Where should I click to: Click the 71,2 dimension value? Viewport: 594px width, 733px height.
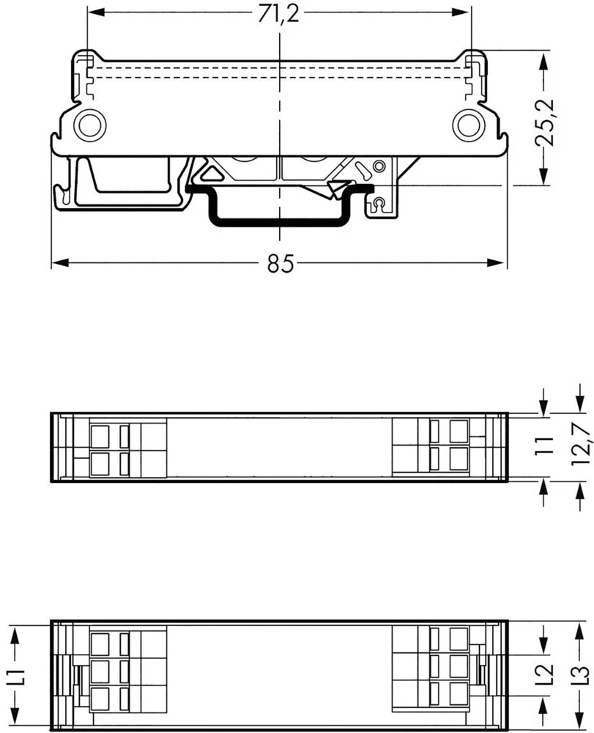(x=279, y=14)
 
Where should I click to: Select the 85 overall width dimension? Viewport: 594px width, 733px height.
(x=279, y=264)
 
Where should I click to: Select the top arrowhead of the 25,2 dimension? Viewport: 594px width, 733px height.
(x=542, y=58)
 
